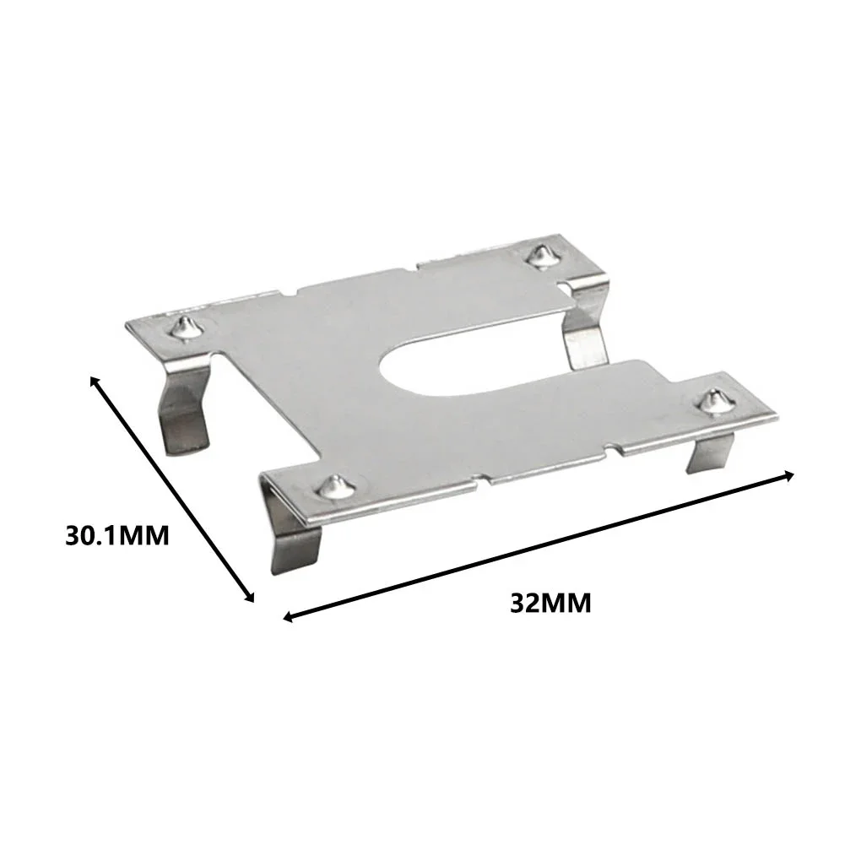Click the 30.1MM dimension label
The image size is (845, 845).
(117, 535)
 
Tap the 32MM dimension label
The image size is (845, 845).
(550, 604)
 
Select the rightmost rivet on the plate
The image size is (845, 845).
(715, 400)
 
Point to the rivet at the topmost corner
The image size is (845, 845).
(538, 255)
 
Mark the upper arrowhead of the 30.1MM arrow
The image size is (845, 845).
(94, 382)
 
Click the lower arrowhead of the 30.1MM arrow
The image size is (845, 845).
(250, 599)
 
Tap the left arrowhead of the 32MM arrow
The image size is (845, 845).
(287, 618)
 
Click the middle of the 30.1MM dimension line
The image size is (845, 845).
(172, 490)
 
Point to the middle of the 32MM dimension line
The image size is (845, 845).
(539, 546)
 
